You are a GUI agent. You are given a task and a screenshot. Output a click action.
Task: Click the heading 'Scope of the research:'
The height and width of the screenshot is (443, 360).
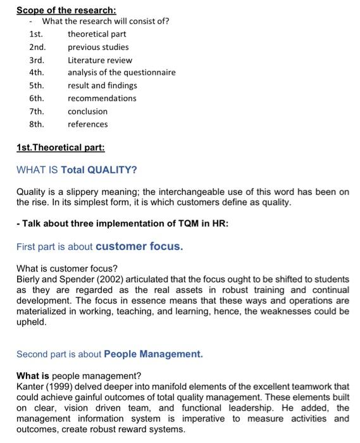click(x=66, y=10)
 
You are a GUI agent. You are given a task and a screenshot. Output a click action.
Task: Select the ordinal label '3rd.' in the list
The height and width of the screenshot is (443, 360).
click(x=37, y=60)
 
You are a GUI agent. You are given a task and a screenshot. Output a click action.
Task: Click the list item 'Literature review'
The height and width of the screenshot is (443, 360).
click(x=100, y=60)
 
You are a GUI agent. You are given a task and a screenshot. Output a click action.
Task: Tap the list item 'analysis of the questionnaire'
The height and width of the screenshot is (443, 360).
click(x=121, y=73)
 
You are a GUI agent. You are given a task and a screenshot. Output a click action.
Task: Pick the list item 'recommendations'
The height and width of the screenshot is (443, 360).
click(x=102, y=98)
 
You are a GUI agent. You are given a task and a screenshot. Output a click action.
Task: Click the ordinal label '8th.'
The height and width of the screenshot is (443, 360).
click(x=37, y=124)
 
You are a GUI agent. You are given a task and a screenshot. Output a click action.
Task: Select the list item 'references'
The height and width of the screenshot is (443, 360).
click(x=87, y=124)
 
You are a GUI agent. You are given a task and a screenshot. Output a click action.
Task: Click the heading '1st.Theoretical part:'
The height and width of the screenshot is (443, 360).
click(x=60, y=147)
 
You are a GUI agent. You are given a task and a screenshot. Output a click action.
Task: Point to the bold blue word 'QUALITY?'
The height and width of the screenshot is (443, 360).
click(x=111, y=170)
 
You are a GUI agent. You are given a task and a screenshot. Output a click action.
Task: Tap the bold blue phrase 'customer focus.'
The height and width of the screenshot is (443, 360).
click(x=139, y=246)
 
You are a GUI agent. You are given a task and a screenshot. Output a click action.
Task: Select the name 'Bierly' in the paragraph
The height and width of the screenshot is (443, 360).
click(x=28, y=279)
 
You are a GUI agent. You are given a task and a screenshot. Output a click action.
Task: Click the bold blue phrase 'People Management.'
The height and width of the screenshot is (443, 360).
click(x=153, y=354)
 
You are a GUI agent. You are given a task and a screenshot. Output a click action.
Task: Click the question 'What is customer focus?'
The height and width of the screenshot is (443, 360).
click(x=66, y=268)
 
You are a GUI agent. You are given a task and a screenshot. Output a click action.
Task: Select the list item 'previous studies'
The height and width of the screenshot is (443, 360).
click(x=98, y=47)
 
